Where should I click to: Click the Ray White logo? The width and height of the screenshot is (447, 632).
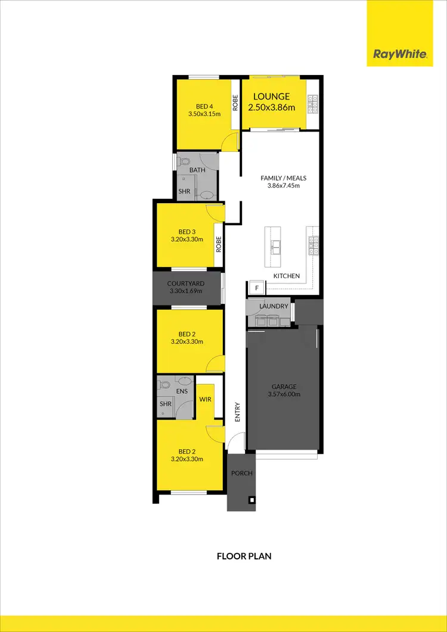pos(399,54)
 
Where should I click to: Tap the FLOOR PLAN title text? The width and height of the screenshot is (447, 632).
pos(244,556)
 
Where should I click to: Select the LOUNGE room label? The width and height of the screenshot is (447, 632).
pos(271,96)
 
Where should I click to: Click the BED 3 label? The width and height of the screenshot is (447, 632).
pos(187,232)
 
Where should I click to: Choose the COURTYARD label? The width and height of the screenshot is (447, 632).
pos(186,284)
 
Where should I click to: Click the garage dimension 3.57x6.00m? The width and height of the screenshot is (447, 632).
pos(284,394)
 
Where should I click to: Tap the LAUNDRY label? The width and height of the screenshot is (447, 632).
pos(274,306)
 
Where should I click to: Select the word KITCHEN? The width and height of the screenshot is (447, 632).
pos(287,276)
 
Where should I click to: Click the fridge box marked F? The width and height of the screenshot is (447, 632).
pos(256,288)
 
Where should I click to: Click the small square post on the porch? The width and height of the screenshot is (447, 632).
pos(252,500)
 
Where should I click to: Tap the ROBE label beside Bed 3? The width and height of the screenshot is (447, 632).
pos(219,244)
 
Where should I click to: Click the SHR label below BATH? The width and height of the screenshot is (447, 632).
pos(185,192)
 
